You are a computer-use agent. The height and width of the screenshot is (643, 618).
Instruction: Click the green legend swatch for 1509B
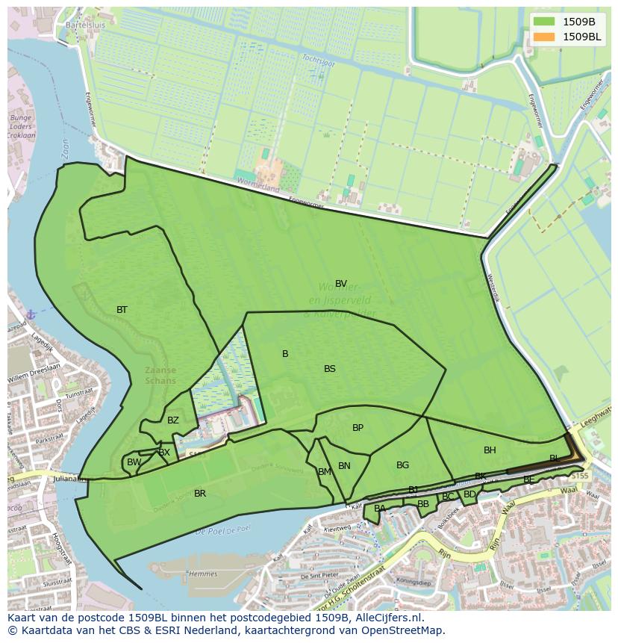click(545, 22)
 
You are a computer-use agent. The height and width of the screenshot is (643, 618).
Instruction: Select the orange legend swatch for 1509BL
click(545, 37)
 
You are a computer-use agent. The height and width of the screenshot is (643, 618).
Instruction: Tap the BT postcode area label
click(122, 310)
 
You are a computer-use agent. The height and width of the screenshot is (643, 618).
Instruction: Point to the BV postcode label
click(341, 284)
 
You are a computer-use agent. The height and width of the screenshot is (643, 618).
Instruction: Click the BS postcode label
click(330, 369)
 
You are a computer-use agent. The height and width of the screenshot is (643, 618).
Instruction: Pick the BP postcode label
click(358, 428)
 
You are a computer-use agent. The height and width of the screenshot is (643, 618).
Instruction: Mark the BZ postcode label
click(173, 420)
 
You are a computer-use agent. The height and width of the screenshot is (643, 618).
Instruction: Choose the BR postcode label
click(200, 494)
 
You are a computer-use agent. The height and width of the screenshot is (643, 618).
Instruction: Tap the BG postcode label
click(402, 465)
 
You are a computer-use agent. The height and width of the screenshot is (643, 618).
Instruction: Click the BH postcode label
click(490, 450)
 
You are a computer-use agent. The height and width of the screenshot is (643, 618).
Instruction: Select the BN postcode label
click(344, 466)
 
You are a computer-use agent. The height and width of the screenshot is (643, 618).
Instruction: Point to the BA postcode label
click(380, 509)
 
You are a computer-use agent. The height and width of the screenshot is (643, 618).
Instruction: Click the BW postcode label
click(134, 462)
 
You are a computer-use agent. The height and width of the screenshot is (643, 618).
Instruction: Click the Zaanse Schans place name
click(160, 375)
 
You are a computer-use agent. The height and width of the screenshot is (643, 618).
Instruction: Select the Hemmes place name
click(203, 574)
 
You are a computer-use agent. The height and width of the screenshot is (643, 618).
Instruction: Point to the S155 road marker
click(580, 476)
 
